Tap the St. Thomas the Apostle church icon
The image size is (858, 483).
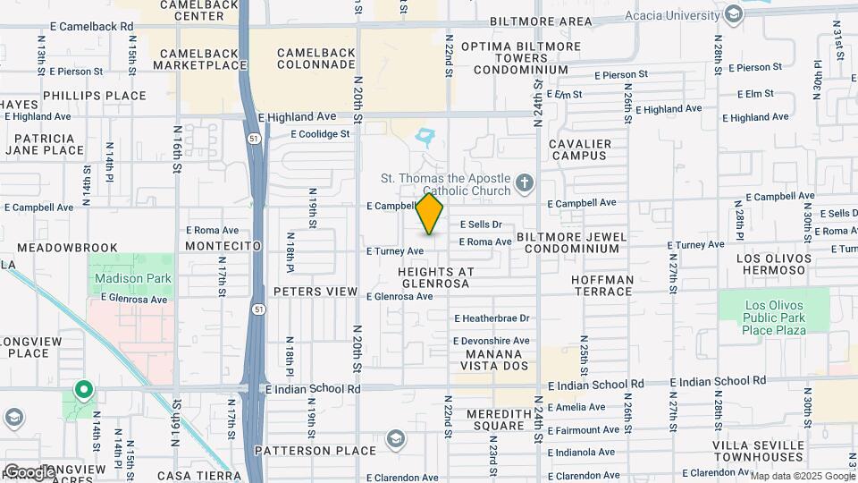coord(525,183)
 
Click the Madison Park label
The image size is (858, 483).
coord(132,278)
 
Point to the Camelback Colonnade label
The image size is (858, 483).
coord(319,59)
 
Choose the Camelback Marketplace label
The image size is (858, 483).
coord(200,59)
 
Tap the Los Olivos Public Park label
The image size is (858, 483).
coord(775,318)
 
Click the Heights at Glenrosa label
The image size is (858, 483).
coord(433,276)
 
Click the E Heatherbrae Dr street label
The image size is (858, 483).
coord(492,318)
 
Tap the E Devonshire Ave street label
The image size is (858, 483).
coord(492,341)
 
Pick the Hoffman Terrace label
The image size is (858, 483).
coord(601,285)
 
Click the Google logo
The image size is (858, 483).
coord(29,471)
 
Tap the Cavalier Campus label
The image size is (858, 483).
coord(580,149)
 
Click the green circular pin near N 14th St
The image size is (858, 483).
coord(83,390)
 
